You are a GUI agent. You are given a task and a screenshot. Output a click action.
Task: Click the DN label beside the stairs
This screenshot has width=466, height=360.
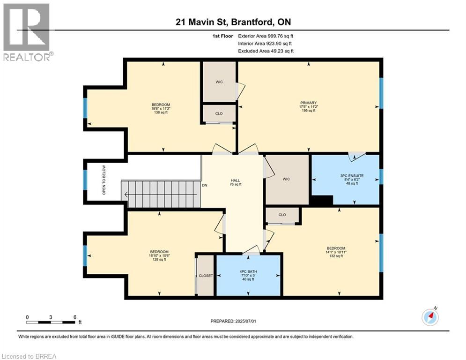[x=204, y=185]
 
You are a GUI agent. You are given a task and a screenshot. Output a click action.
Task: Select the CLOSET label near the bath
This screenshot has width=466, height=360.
[x=206, y=276]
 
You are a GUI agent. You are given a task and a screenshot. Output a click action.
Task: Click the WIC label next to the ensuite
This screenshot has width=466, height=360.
[x=286, y=179]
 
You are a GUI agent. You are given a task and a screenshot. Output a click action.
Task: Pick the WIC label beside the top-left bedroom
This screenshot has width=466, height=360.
[x=219, y=82]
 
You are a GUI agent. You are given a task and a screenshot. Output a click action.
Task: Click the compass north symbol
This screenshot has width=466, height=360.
[x=429, y=316]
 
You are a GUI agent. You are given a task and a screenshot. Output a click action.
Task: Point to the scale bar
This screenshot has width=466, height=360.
[x=51, y=322]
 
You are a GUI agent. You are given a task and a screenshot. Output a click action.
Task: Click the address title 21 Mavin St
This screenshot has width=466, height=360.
[x=233, y=22]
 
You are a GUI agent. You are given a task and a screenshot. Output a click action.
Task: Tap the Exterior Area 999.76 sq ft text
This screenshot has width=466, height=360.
[x=266, y=36]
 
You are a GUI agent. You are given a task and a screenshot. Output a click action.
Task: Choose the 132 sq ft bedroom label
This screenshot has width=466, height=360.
[x=336, y=252]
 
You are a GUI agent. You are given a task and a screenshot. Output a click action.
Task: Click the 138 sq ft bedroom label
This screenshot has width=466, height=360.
[x=160, y=108]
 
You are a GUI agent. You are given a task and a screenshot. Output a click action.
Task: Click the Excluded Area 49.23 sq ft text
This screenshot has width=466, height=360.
[x=266, y=51]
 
